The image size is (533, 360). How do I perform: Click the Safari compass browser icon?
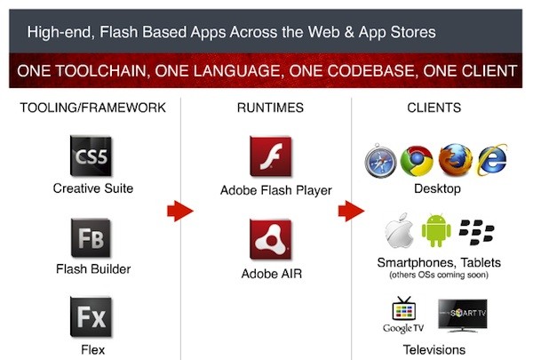click(381, 163)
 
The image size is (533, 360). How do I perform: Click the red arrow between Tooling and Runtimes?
click(180, 212)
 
